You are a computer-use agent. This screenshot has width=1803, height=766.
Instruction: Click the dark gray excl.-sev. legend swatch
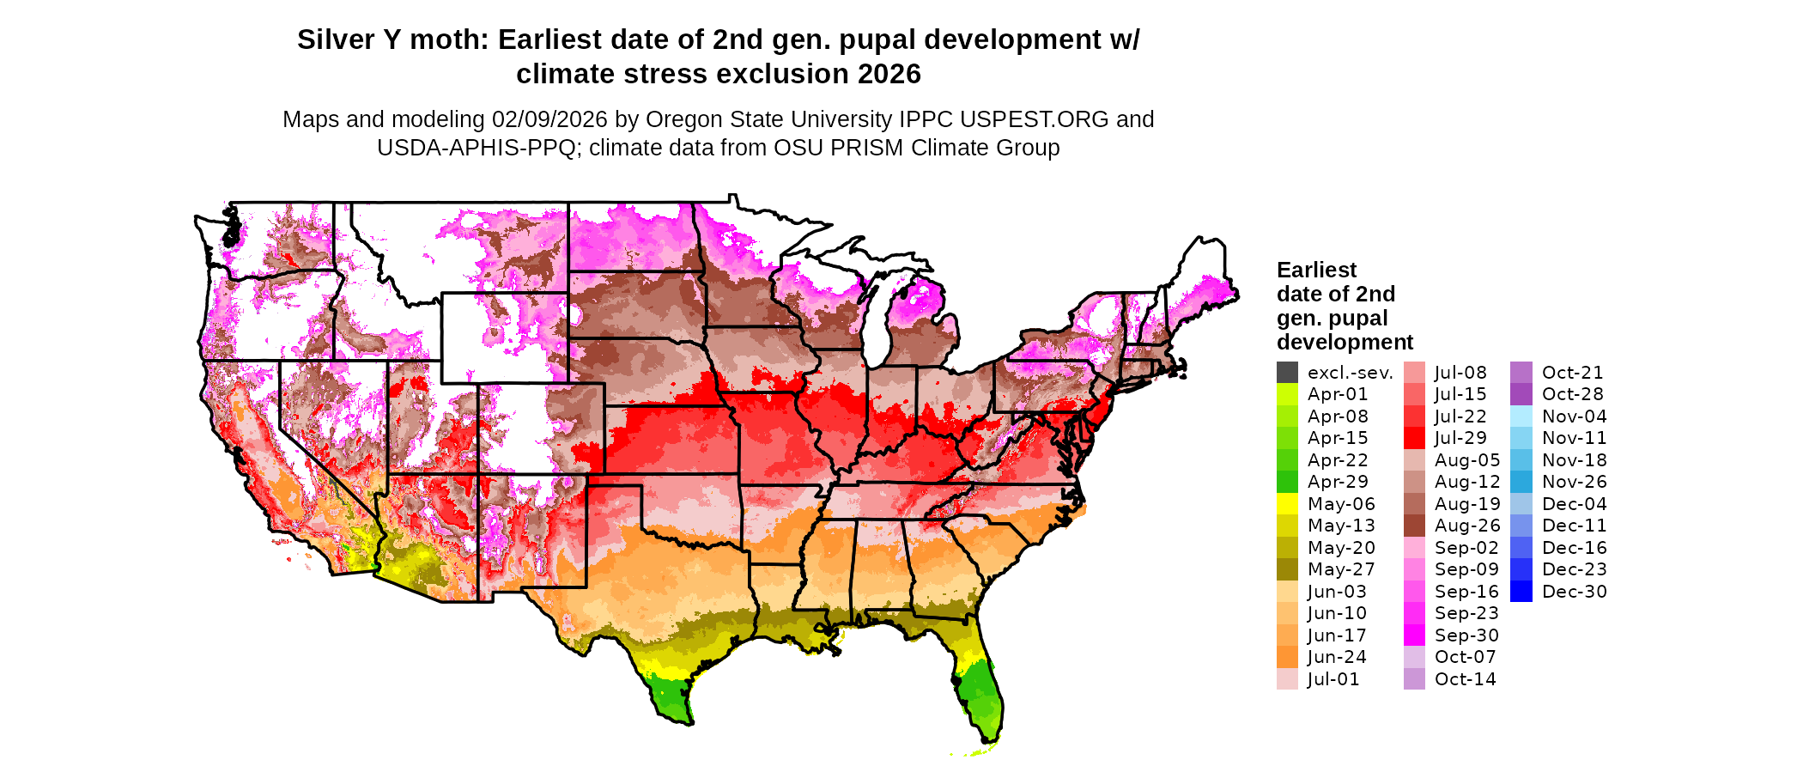(x=1287, y=373)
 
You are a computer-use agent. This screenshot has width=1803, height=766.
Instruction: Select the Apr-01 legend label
(x=1338, y=394)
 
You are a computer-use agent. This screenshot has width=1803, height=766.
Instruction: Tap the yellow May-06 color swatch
(x=1287, y=504)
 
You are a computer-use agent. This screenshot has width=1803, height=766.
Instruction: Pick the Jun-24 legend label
(x=1337, y=657)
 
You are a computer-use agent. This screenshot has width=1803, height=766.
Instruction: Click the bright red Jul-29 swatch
(x=1414, y=438)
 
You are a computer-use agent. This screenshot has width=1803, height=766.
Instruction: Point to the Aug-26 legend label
(x=1467, y=526)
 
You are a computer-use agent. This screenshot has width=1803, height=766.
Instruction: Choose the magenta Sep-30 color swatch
(x=1414, y=635)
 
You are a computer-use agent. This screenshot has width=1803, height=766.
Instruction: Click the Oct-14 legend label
(x=1465, y=679)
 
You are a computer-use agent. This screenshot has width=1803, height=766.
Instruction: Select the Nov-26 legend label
(x=1574, y=482)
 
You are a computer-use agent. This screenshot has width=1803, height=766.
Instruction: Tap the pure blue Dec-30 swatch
(x=1521, y=592)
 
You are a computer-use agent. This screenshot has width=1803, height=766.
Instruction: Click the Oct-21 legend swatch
(x=1521, y=373)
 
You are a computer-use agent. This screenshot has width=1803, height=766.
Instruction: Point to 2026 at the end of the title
(x=886, y=75)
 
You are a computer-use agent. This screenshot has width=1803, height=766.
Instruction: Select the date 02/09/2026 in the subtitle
(x=549, y=119)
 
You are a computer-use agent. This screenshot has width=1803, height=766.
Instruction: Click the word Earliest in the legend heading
(x=1316, y=271)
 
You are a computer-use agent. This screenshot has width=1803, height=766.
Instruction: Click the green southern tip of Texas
(x=670, y=696)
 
